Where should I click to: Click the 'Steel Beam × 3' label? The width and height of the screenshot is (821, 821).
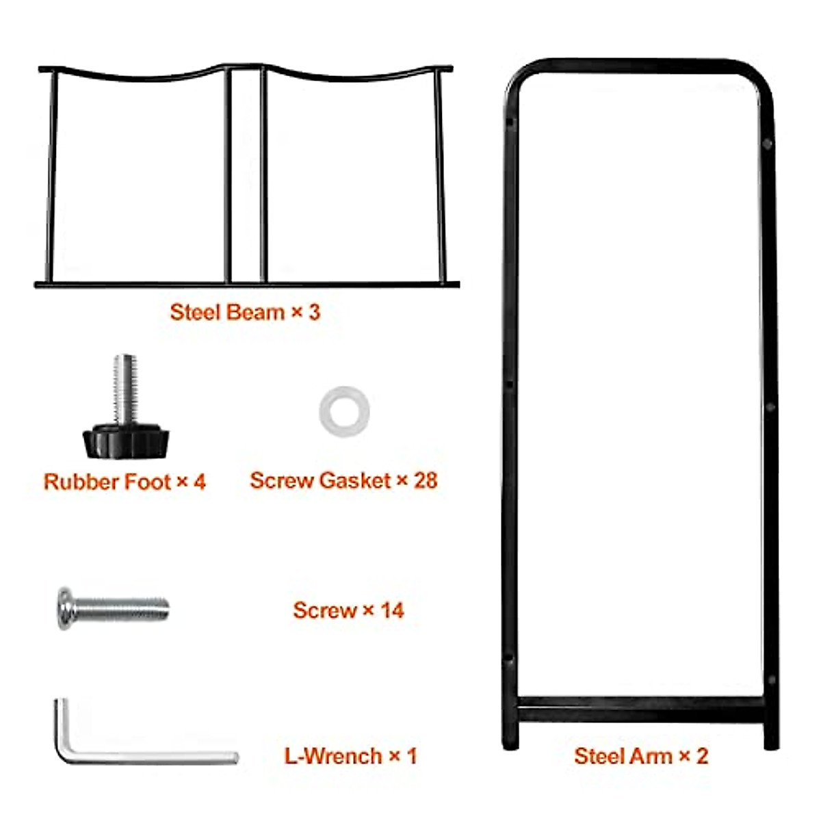(245, 313)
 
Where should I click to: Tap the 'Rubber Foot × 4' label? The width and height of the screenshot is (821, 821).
(125, 482)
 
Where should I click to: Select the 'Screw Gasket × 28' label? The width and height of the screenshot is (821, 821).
(343, 480)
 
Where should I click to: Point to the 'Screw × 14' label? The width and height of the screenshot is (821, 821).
(348, 610)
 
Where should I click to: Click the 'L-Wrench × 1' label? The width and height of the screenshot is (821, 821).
(350, 756)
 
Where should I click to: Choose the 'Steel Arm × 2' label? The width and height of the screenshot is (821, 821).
(641, 756)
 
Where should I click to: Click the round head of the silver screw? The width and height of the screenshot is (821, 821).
(65, 608)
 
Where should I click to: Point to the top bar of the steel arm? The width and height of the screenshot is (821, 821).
(640, 66)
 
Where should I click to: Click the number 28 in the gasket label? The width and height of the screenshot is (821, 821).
(425, 480)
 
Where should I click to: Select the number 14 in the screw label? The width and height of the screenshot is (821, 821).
(392, 610)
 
